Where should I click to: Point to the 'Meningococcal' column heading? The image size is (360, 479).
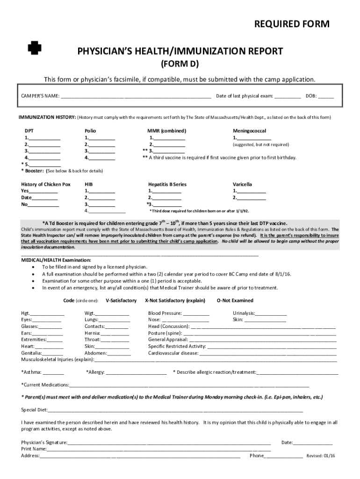tap(250, 131)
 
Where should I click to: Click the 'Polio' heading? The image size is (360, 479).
tap(90, 131)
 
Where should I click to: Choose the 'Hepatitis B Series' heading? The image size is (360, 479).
tap(167, 184)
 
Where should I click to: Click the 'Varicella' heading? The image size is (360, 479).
tap(243, 184)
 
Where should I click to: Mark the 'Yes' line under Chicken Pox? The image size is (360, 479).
tap(43, 191)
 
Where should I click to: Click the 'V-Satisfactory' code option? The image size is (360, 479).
tap(121, 300)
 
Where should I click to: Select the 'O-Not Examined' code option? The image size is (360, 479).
tap(235, 300)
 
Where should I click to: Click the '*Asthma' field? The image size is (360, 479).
tap(53, 373)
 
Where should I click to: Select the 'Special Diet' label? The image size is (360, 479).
tap(34, 410)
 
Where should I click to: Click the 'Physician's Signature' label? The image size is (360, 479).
tap(44, 442)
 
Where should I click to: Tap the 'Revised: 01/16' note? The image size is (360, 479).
tap(321, 456)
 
